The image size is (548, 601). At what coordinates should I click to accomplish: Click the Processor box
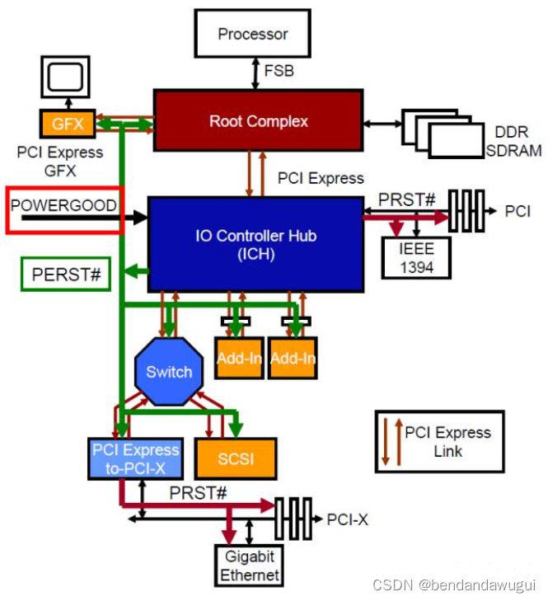pyautogui.click(x=252, y=34)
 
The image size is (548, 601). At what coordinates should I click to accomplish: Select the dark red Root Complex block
pyautogui.click(x=258, y=121)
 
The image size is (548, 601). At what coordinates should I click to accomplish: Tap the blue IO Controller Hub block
pyautogui.click(x=255, y=244)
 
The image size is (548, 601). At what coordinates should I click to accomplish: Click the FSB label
pyautogui.click(x=279, y=72)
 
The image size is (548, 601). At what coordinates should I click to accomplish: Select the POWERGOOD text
pyautogui.click(x=63, y=205)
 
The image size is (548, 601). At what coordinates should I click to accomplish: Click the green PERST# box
pyautogui.click(x=65, y=275)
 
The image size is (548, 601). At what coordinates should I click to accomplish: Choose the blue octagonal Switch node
pyautogui.click(x=169, y=372)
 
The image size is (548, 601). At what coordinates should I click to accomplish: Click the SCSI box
pyautogui.click(x=236, y=458)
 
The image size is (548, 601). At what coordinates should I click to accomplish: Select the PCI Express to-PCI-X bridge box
pyautogui.click(x=135, y=458)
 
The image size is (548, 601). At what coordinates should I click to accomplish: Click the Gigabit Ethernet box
pyautogui.click(x=250, y=566)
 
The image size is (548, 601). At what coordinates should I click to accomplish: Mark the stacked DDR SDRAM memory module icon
pyautogui.click(x=442, y=132)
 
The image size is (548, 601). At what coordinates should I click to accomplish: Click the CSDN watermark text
pyautogui.click(x=453, y=585)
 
